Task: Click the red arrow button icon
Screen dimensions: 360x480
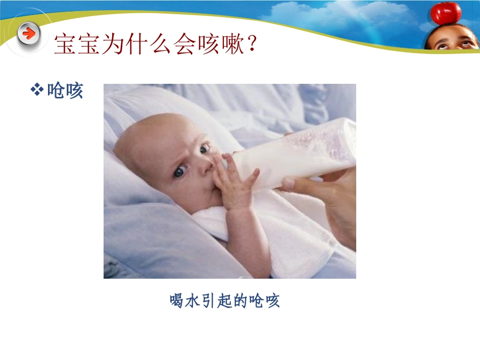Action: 30,34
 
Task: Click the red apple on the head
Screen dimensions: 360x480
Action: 445,13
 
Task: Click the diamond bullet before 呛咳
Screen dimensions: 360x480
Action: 37,90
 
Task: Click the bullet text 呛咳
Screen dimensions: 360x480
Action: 65,91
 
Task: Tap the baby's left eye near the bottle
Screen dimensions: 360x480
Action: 204,149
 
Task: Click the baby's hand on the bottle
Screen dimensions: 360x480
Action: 233,182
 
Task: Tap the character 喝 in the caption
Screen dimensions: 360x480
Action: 176,301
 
